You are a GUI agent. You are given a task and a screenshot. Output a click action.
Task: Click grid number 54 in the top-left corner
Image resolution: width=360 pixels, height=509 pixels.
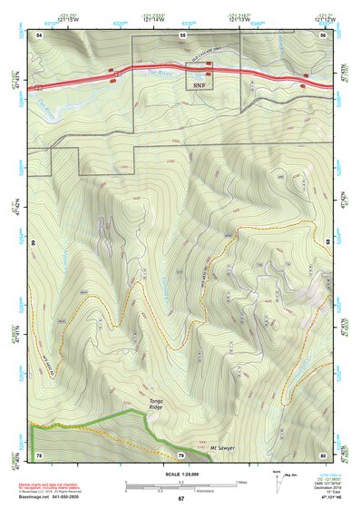click(x=39, y=34)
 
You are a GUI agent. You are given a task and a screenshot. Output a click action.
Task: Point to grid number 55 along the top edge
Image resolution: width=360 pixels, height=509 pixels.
click(x=183, y=34)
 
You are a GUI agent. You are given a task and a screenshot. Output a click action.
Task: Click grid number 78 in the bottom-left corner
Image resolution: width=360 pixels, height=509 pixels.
click(x=39, y=454)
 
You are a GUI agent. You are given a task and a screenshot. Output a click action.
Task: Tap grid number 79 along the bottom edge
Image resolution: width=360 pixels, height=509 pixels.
click(x=180, y=454)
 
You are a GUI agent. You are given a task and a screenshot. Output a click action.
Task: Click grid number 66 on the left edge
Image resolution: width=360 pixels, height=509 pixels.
click(x=31, y=243)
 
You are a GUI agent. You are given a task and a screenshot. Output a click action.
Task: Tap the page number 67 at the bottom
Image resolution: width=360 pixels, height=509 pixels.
click(x=180, y=498)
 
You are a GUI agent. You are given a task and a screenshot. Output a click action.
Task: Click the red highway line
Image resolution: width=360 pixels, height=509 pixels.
click(x=163, y=70)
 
